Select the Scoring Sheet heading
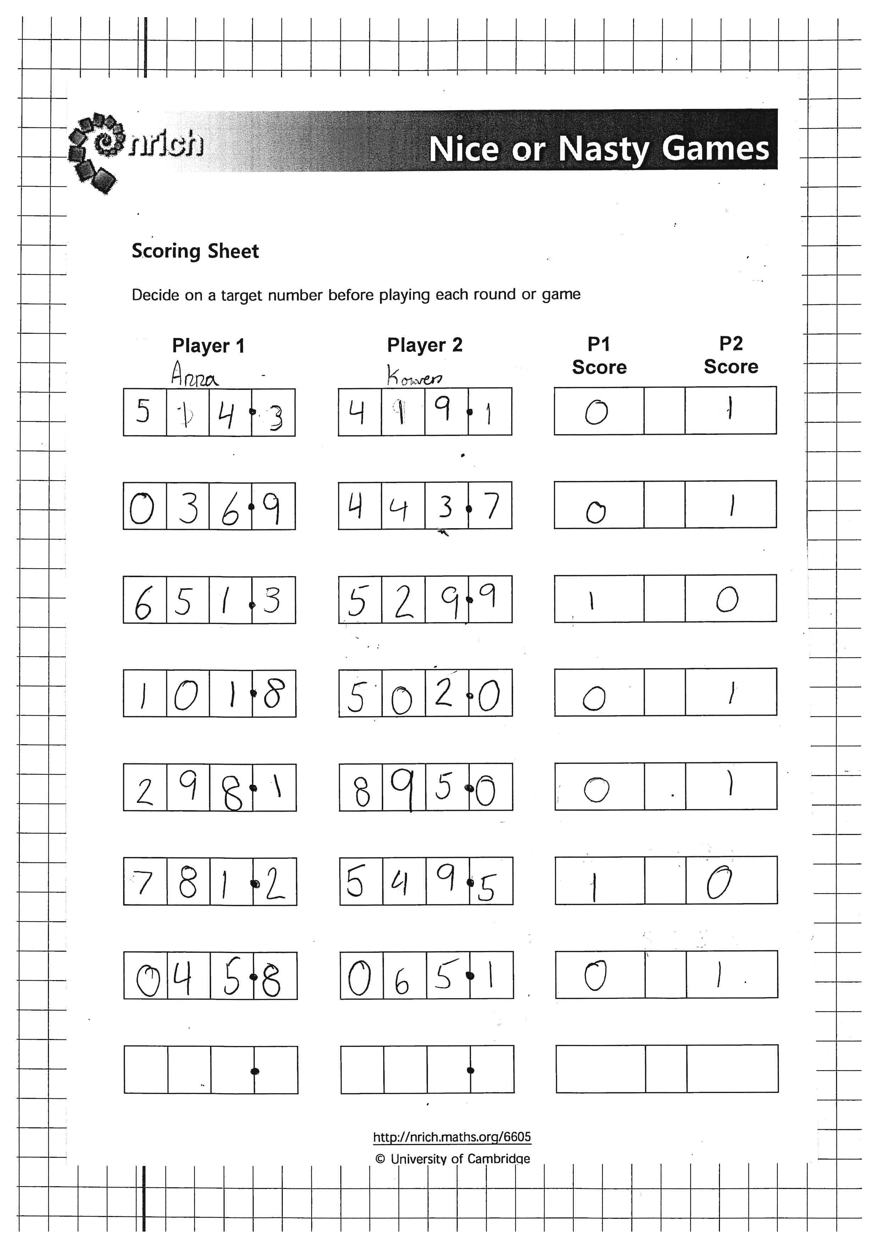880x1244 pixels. click(195, 251)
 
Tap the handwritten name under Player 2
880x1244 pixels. click(414, 375)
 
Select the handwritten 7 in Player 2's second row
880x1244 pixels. click(491, 506)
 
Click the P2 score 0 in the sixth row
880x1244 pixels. click(720, 882)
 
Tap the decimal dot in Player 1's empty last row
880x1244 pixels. click(255, 1071)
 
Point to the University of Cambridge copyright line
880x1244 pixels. click(453, 1159)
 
